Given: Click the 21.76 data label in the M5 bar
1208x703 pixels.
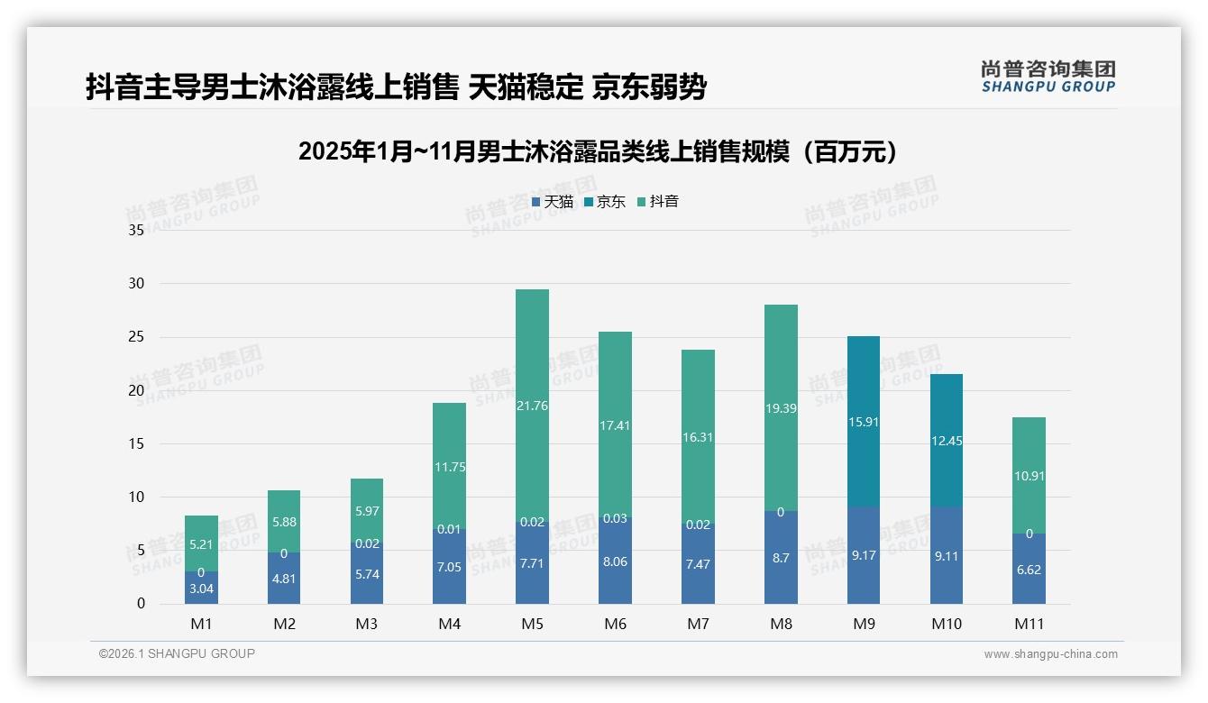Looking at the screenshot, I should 532,406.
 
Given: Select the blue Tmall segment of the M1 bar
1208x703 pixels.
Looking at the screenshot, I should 201,588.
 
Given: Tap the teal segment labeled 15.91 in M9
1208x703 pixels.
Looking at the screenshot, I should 864,422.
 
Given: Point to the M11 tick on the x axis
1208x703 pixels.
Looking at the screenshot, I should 1029,624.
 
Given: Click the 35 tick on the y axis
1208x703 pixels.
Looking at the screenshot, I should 136,231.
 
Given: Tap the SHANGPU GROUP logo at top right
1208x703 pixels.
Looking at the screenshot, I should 1048,77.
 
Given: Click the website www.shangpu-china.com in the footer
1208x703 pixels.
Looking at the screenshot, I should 1050,654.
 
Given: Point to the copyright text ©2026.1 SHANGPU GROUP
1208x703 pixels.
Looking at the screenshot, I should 177,653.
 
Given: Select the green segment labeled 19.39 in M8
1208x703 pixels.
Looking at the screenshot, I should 781,408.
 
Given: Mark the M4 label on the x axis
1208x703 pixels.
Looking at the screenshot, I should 449,624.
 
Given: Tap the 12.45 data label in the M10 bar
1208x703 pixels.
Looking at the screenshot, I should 946,441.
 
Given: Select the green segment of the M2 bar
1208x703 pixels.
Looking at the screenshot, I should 284,521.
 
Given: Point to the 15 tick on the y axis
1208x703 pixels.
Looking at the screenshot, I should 136,443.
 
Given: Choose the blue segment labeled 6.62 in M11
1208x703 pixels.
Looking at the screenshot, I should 1029,569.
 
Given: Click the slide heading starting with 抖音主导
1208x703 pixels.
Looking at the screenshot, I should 396,87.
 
